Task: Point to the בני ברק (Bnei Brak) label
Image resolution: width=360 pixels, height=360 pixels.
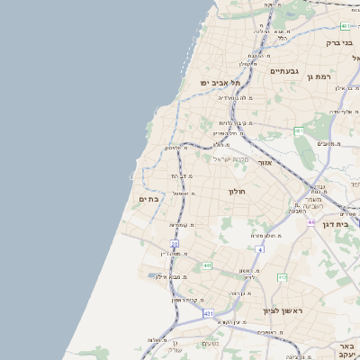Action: point(338,42)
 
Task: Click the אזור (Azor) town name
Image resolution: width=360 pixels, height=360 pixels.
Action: point(264,163)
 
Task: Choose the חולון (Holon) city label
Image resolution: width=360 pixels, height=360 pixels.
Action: point(237,191)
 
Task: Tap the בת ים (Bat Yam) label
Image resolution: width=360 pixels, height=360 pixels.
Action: point(148,199)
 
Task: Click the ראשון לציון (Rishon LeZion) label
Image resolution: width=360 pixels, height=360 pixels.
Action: point(283,310)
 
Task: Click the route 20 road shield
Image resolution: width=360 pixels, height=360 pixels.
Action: point(175,243)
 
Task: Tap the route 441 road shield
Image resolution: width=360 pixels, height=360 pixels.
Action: point(207,265)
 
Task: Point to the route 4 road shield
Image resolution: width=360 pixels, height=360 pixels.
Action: point(260,248)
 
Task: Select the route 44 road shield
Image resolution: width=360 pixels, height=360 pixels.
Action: point(310,221)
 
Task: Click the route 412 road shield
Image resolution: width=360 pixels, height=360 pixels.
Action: point(282,277)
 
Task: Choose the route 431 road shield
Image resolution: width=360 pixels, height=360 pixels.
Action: point(208,313)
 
